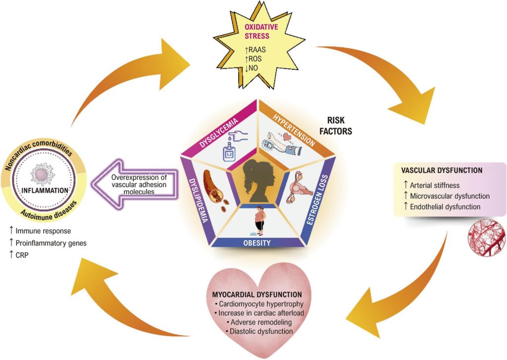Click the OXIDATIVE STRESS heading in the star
click(x=261, y=31)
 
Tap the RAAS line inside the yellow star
click(x=255, y=50)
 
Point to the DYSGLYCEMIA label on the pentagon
click(x=218, y=133)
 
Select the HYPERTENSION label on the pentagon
click(x=294, y=130)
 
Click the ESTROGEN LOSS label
click(x=317, y=200)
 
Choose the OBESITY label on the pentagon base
click(x=257, y=243)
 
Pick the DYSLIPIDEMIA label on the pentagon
click(x=198, y=201)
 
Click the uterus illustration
click(x=300, y=187)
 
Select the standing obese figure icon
click(x=259, y=220)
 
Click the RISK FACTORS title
click(x=336, y=125)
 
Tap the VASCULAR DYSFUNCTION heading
click(x=442, y=170)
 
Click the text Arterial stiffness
click(x=432, y=185)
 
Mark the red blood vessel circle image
click(x=486, y=237)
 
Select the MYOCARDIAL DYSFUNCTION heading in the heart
click(x=257, y=294)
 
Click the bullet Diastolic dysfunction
click(x=259, y=331)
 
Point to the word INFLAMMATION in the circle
click(x=45, y=190)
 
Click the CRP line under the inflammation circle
click(x=19, y=255)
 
